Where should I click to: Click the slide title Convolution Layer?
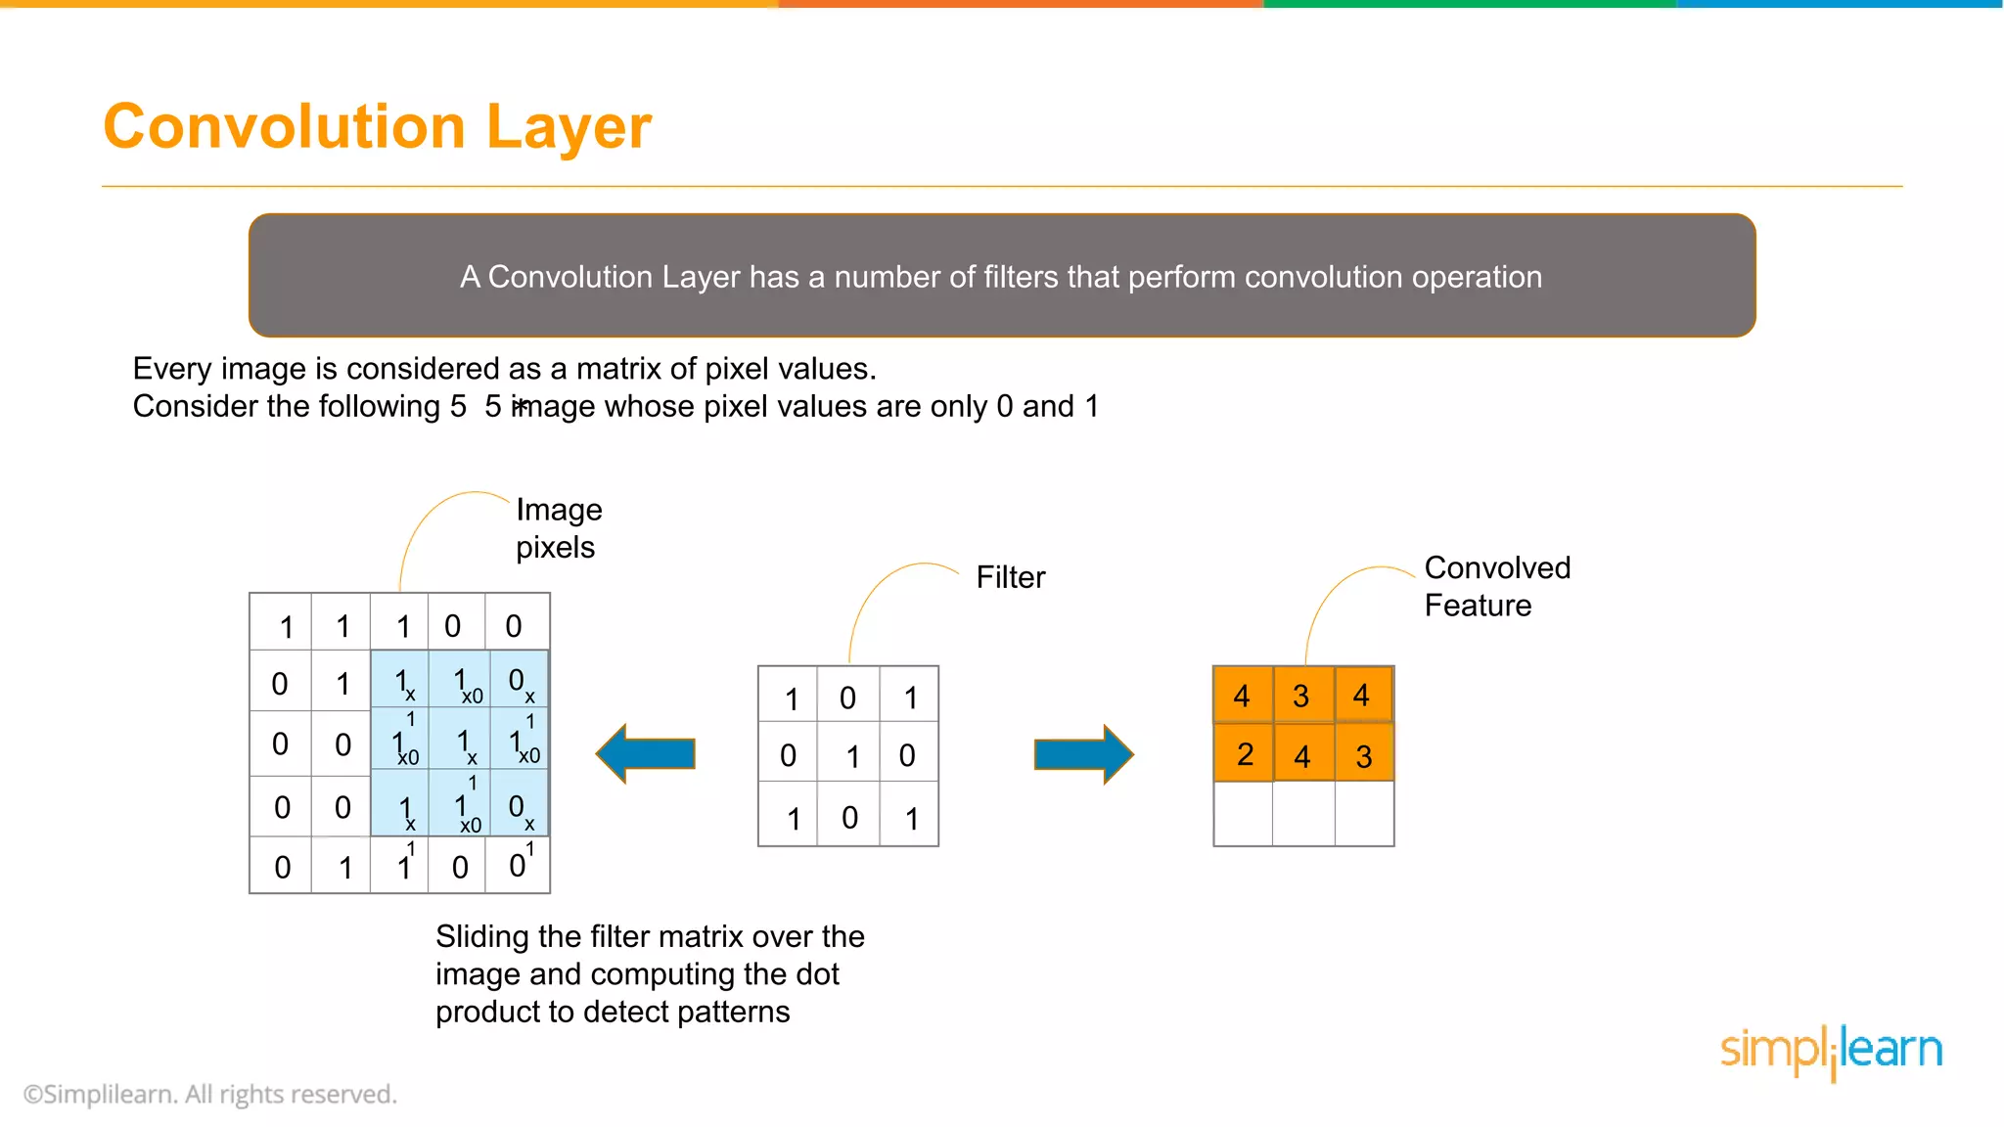point(377,127)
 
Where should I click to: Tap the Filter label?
point(1010,577)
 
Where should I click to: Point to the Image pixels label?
point(558,528)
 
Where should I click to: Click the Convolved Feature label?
point(1496,586)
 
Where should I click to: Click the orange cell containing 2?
point(1244,753)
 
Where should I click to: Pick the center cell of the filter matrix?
point(849,754)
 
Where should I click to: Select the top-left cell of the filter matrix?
point(789,697)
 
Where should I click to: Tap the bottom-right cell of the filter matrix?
point(910,816)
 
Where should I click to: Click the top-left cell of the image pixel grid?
point(282,624)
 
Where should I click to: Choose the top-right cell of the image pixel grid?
point(517,624)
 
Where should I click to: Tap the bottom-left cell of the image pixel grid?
point(282,866)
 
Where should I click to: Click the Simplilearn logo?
point(1831,1051)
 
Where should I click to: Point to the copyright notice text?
point(210,1094)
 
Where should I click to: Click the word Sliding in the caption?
point(482,936)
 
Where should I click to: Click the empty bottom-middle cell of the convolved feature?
point(1303,814)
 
